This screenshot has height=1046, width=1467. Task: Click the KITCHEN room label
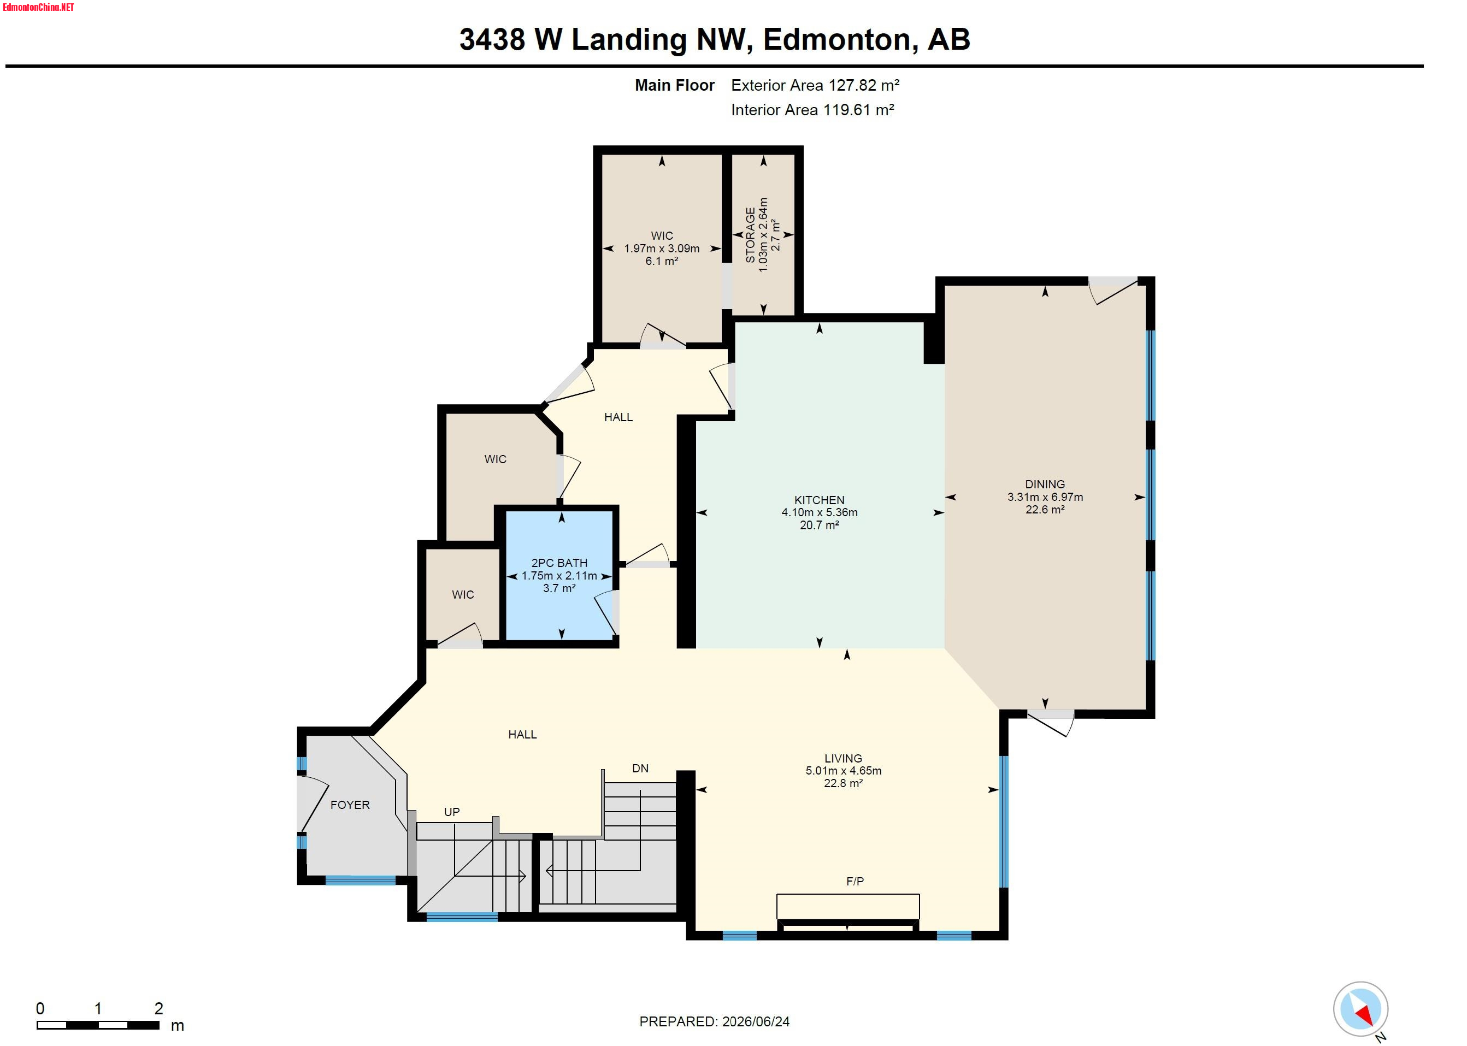[x=819, y=500]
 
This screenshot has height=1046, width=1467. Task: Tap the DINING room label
[x=1044, y=484]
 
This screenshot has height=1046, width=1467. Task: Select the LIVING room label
[x=843, y=758]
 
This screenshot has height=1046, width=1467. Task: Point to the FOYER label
[x=350, y=805]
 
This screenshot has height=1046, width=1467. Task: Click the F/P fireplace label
[x=855, y=881]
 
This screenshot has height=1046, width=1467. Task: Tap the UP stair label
[x=452, y=812]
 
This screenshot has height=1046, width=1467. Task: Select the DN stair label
[x=640, y=768]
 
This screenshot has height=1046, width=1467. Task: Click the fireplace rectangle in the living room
[x=847, y=906]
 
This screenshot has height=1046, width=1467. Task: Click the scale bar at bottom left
[x=98, y=1025]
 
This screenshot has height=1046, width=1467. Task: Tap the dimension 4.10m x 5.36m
[x=819, y=512]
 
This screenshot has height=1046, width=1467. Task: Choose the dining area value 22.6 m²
[x=1044, y=509]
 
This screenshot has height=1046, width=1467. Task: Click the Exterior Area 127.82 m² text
[x=815, y=85]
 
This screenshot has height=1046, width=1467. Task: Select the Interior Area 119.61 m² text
[x=812, y=109]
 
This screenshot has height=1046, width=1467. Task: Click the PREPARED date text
[x=714, y=1021]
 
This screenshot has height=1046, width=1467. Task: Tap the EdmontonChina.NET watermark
[x=38, y=7]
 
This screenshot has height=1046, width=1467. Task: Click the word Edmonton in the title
[x=836, y=39]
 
